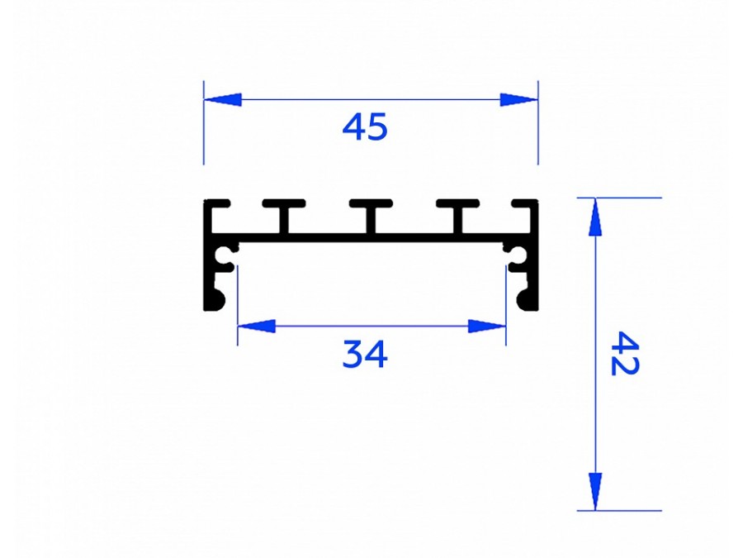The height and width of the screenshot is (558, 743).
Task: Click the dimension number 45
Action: coord(364,126)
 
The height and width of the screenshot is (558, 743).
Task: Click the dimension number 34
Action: coord(364,354)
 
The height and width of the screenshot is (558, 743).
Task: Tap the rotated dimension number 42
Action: coord(625,354)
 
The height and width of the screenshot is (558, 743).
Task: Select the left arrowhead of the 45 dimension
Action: coord(223,100)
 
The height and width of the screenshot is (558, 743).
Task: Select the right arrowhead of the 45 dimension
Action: coord(519,100)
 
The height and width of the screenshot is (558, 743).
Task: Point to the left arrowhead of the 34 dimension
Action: coord(257,326)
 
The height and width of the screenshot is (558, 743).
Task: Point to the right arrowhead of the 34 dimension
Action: coord(486,326)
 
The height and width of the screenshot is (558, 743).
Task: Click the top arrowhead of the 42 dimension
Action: coord(595,217)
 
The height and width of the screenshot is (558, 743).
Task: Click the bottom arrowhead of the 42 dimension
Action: coord(595,492)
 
